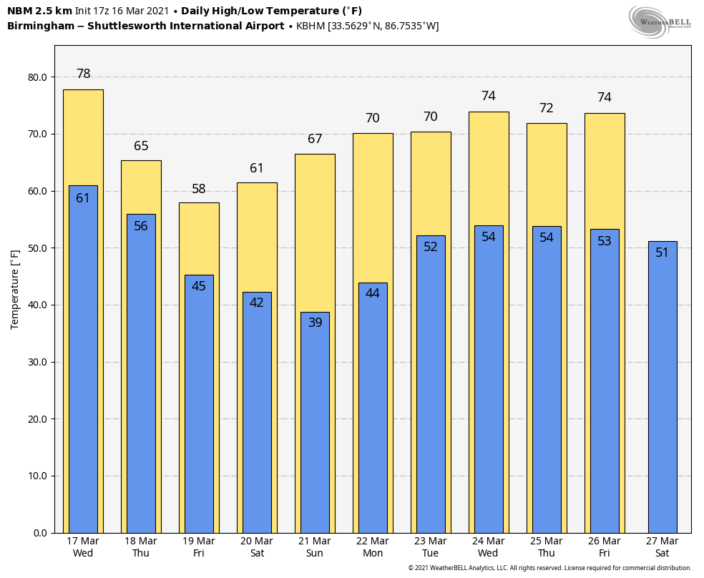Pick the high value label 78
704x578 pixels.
(84, 74)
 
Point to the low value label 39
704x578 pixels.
(316, 323)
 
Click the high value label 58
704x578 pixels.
(199, 190)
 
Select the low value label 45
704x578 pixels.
(199, 286)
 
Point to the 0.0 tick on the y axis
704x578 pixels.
(40, 533)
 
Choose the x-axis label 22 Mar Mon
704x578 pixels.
(373, 547)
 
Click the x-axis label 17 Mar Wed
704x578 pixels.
(83, 547)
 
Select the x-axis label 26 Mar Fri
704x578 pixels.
(605, 547)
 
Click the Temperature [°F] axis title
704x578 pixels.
(15, 289)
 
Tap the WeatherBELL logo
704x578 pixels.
(660, 21)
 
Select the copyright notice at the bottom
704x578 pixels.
(549, 568)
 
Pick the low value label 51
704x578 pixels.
(663, 253)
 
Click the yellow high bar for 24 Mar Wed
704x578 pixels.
(489, 168)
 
